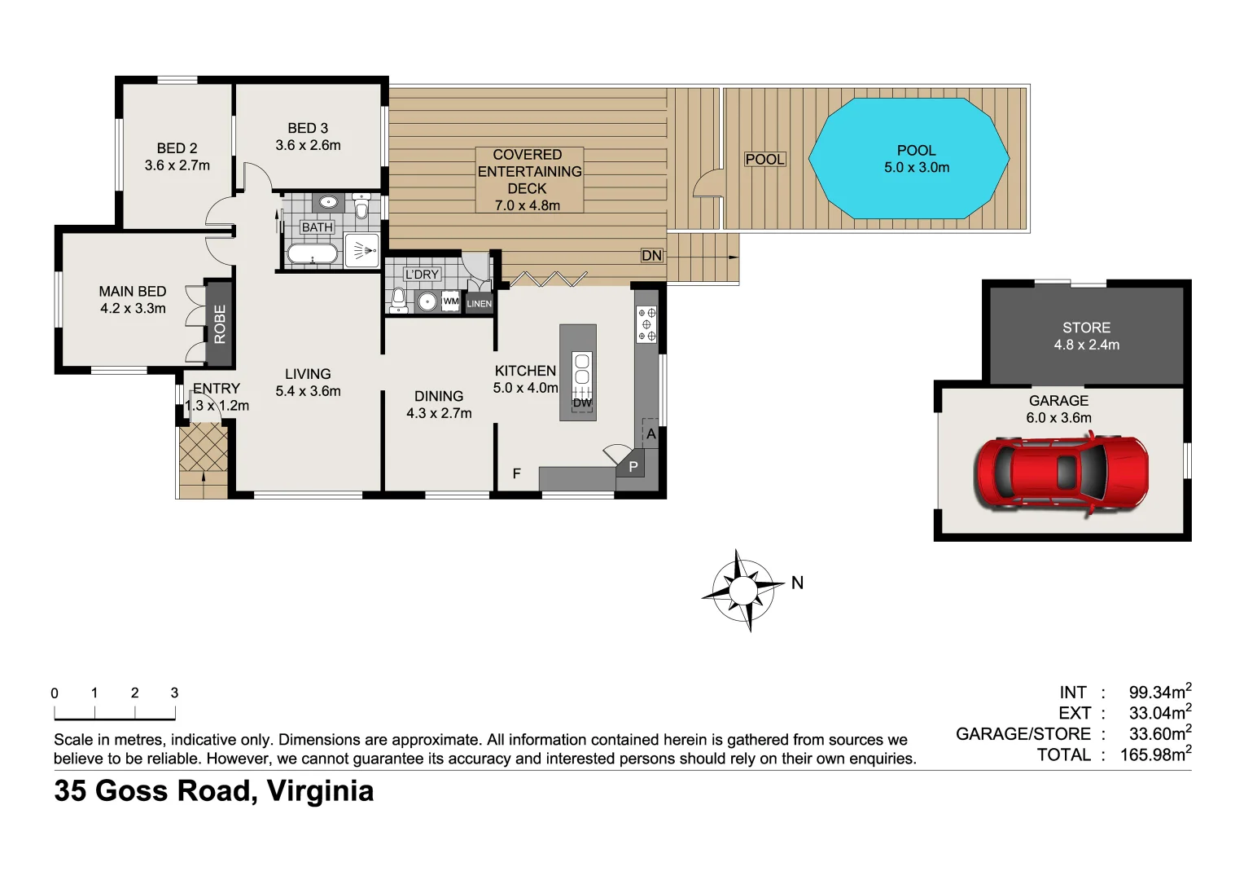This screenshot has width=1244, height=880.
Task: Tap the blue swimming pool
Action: point(909,158)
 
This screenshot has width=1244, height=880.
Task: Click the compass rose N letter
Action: point(797,583)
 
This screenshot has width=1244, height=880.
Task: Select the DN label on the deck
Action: point(651,255)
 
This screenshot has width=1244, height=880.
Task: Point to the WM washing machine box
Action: point(450,301)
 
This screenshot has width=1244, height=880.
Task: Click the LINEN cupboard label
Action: point(479,304)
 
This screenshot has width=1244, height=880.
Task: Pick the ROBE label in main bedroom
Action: point(220,324)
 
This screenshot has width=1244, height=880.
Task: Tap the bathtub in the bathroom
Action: point(312,254)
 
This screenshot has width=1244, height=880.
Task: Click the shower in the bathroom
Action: point(361,250)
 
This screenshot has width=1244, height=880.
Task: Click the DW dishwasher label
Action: point(582,403)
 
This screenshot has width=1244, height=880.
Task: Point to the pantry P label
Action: point(633,467)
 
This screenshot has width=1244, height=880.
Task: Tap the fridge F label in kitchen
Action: point(516,473)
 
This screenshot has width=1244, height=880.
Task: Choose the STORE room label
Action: point(1086,328)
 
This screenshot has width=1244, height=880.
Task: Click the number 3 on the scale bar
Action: point(174,693)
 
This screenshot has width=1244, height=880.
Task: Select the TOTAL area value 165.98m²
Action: point(1155,755)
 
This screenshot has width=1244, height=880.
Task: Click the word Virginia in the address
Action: point(320,791)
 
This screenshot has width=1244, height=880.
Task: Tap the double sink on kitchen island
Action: point(582,369)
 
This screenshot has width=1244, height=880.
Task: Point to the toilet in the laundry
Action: point(397,299)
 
